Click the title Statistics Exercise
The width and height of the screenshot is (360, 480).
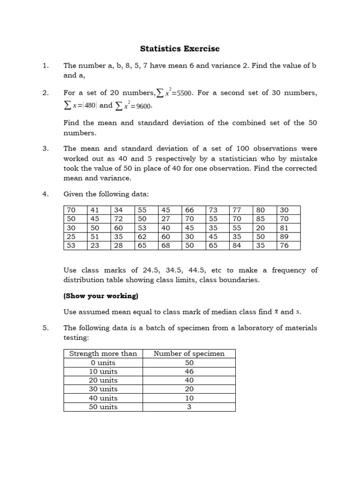(x=180, y=49)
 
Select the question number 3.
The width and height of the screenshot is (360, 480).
(x=45, y=149)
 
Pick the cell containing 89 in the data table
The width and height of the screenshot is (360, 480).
(x=285, y=237)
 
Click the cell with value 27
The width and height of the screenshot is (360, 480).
(x=166, y=219)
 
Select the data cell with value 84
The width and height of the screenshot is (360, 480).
(x=237, y=246)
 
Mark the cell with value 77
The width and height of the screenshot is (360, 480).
(x=237, y=210)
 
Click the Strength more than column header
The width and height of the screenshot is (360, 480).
(x=103, y=353)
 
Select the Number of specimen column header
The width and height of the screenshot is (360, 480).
(x=189, y=353)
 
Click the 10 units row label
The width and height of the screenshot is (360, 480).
(x=103, y=371)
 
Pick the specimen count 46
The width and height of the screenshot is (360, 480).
(x=189, y=371)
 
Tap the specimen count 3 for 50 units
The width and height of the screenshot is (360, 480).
(x=189, y=407)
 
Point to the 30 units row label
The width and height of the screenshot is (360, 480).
(x=103, y=389)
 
